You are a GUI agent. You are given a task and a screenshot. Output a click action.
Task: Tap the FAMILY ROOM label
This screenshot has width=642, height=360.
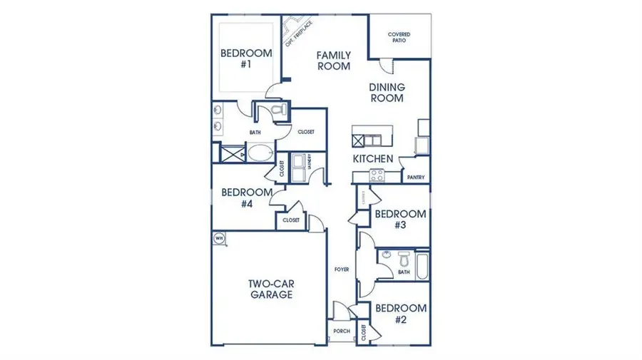point(334,60)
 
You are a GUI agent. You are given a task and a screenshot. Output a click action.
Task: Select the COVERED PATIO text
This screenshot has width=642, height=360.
point(399,37)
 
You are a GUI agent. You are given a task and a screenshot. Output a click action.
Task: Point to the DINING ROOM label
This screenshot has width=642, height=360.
point(387,93)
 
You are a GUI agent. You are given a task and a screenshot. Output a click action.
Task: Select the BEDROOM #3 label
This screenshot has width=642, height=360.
point(401,219)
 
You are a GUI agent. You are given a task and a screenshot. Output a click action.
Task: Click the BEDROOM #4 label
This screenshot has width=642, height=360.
point(246,197)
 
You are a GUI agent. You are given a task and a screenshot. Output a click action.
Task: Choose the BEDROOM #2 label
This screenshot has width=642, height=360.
point(401,314)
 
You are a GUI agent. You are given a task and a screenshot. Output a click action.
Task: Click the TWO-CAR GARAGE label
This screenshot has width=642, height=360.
point(270,289)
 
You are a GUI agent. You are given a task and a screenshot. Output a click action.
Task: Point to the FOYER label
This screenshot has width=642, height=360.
point(342,269)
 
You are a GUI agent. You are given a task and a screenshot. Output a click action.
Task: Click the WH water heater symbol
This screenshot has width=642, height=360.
point(219,238)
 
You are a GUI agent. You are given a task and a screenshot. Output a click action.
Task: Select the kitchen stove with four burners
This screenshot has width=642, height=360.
point(377,175)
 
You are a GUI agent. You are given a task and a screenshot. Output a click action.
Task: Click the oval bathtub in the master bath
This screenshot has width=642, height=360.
point(258,153)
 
